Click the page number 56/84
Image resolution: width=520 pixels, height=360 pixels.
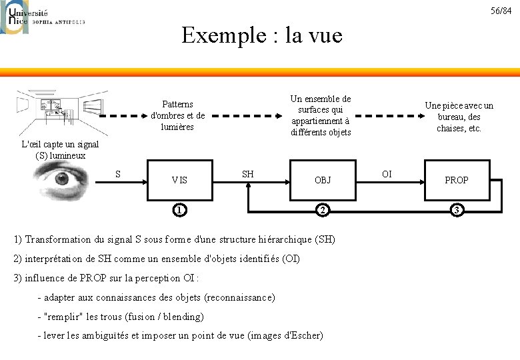click(501, 11)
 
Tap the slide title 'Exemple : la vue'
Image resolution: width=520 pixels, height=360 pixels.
click(261, 35)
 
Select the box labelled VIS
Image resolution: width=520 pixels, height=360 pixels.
click(179, 179)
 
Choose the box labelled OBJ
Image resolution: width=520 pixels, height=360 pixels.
click(323, 179)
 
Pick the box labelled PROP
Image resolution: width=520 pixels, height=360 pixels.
click(457, 179)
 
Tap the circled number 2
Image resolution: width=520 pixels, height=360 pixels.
click(323, 211)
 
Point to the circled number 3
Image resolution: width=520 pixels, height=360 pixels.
click(457, 211)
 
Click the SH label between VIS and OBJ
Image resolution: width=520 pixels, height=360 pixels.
click(247, 174)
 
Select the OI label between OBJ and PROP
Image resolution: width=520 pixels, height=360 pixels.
click(386, 174)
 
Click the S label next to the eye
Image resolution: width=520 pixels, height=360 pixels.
click(118, 174)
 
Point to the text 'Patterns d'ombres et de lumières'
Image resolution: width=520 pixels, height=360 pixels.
click(178, 115)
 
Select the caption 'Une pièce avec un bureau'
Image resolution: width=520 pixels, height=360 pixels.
click(459, 117)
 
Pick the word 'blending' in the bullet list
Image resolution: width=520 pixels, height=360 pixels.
click(183, 316)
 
